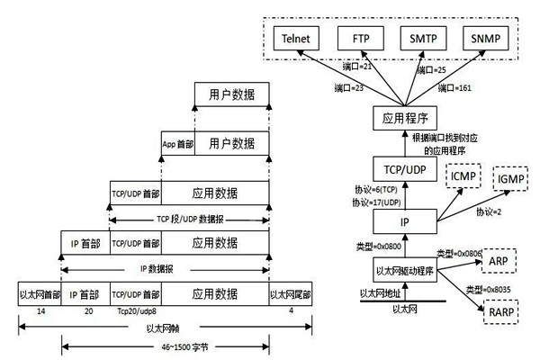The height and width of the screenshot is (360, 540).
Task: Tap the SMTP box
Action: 425,40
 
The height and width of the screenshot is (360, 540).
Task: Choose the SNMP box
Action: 487,40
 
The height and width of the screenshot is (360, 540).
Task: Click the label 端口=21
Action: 358,68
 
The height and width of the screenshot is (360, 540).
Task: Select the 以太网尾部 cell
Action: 290,293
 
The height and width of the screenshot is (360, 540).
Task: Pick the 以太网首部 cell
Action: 39,293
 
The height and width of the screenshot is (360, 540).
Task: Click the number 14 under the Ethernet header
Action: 39,310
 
